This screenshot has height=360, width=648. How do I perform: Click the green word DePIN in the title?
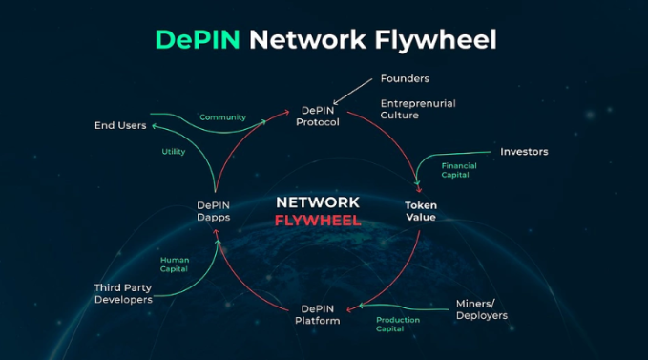198,40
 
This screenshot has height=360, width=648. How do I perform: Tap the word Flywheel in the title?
435,41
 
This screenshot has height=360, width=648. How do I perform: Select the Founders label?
405,78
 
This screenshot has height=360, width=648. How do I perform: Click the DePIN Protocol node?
318,116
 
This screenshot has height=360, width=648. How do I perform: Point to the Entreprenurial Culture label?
418,109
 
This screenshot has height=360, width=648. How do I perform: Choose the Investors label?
524,152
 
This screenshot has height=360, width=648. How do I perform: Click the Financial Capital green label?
459,170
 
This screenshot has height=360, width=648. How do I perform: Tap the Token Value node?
421,211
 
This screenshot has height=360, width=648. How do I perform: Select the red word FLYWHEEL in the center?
318,221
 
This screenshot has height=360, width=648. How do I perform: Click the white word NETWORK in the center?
318,202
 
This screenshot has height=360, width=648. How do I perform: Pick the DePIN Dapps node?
213,211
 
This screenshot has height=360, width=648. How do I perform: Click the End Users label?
120,125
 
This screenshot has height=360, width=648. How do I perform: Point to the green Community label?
222,117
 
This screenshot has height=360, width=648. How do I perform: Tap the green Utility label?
174,152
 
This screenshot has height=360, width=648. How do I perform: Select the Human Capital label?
175,265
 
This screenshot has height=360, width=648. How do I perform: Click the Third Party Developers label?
123,293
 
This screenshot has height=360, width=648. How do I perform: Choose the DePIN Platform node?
318,314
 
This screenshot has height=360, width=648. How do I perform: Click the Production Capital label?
398,325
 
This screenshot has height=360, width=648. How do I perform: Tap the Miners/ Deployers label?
481,309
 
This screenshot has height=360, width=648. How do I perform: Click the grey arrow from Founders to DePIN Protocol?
352,92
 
